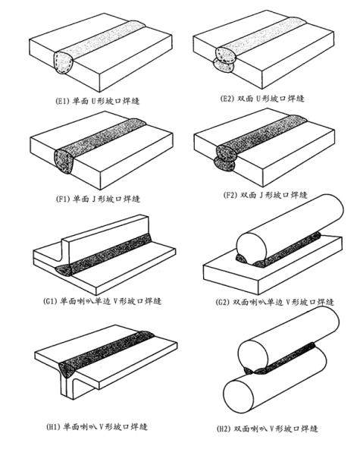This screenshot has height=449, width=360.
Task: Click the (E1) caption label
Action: click(97, 101)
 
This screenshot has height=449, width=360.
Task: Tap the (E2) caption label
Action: click(261, 99)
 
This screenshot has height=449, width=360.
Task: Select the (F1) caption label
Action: click(98, 199)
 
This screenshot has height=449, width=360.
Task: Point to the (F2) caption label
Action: click(265, 195)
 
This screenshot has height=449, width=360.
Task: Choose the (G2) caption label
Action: click(274, 302)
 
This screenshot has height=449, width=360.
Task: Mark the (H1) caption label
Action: click(97, 426)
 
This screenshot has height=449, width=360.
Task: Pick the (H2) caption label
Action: click(268, 429)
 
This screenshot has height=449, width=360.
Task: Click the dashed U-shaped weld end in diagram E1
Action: click(64, 62)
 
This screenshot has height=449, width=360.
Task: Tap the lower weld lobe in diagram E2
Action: click(224, 66)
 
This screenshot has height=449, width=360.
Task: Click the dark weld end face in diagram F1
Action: click(64, 162)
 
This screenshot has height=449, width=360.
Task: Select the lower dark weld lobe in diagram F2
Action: click(224, 164)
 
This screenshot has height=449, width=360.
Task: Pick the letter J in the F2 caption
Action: click(261, 195)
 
